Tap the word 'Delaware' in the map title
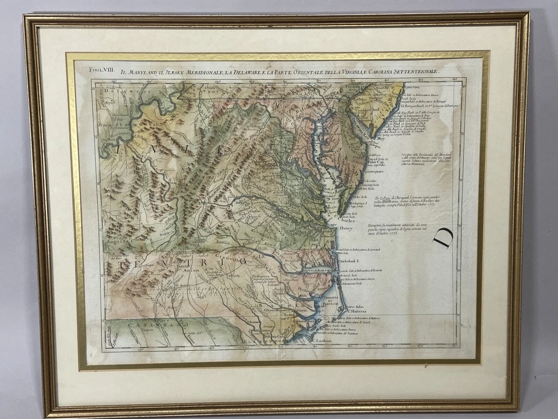[x=230, y=72]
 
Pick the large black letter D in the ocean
[x=443, y=238]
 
